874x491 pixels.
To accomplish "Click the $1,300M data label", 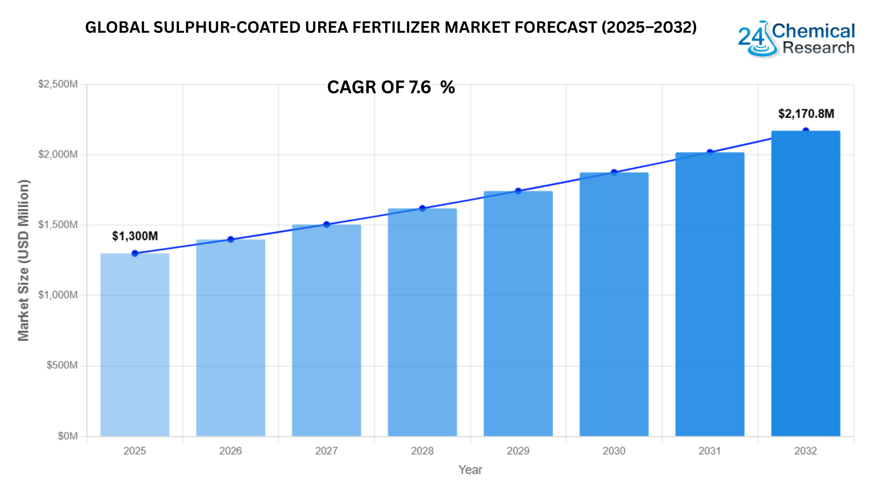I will click(135, 236).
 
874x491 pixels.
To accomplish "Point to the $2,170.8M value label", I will click(806, 114).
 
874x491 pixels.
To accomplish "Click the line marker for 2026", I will click(231, 240).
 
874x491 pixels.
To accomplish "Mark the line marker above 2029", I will click(518, 191).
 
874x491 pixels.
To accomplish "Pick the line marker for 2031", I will click(710, 152).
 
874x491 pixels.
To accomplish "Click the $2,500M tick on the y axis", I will click(58, 84).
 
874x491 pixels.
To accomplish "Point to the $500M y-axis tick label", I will click(62, 366).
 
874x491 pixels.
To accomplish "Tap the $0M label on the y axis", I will click(67, 436).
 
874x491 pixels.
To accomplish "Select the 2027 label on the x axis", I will click(326, 451).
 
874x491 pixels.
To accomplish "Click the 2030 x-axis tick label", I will click(614, 451).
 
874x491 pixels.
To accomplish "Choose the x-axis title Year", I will click(470, 470).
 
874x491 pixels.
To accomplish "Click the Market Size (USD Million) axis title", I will click(24, 260).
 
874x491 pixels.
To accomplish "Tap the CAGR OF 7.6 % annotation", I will click(391, 87).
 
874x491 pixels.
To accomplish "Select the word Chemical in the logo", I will click(813, 31).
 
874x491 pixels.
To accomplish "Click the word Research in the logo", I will click(818, 48).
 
